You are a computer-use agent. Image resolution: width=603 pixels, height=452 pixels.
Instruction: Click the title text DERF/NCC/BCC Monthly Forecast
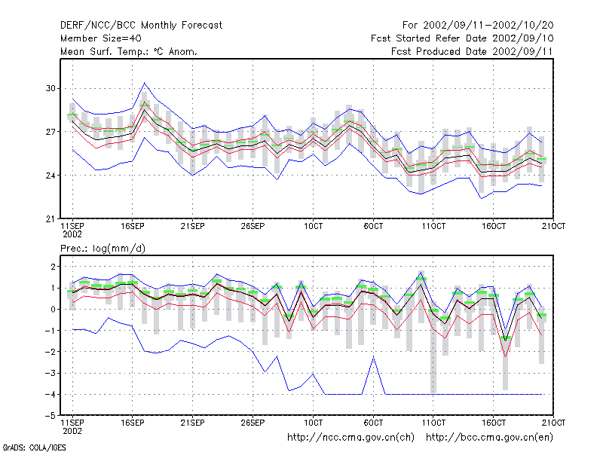[141, 26]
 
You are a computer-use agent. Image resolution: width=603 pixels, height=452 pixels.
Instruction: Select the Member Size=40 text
[101, 38]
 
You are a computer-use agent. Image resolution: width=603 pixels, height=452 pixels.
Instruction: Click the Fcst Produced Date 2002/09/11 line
[472, 51]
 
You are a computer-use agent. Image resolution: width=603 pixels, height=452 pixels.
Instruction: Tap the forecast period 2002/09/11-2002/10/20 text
[488, 26]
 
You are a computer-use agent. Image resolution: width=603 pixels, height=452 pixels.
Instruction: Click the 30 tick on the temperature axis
[51, 88]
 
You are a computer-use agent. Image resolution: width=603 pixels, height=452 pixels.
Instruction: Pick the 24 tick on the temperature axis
[51, 176]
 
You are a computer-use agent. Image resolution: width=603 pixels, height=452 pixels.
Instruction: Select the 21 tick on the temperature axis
[51, 219]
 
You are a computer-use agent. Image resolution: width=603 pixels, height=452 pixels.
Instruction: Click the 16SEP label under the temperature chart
[133, 226]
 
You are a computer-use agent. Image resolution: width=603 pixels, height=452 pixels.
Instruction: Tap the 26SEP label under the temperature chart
[253, 226]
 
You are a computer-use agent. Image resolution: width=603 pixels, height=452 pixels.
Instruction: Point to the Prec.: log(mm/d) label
[103, 249]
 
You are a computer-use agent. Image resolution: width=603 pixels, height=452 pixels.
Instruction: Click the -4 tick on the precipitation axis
[50, 394]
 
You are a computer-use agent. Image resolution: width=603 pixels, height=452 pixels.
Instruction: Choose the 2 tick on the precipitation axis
[53, 267]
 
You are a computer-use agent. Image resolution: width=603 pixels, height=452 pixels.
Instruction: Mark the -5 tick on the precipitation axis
[50, 416]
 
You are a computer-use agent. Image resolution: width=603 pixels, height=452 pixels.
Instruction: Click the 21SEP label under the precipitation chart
[192, 423]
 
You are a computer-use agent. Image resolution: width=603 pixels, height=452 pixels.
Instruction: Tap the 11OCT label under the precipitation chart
[433, 423]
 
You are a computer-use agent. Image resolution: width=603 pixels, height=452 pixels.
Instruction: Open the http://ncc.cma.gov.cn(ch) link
[350, 438]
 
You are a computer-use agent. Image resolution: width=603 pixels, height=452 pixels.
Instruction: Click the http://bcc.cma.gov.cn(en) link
[489, 438]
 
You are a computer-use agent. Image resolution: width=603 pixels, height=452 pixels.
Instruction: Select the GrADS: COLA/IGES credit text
[34, 447]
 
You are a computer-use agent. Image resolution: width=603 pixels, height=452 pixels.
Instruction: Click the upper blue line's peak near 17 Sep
[144, 83]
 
